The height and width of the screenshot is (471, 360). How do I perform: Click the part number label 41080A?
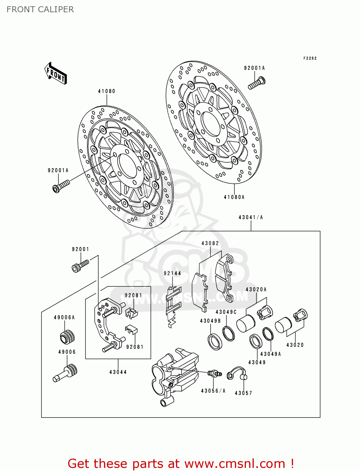pos(234,197)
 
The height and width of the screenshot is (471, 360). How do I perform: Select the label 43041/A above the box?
pos(251,217)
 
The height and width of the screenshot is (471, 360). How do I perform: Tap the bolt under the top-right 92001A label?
pos(257,83)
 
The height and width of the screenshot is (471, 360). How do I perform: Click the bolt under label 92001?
pos(80,266)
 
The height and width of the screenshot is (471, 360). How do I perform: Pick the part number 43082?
pos(210,243)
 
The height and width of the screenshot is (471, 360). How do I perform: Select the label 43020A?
pos(256,290)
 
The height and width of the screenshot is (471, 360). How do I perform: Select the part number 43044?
pos(118,372)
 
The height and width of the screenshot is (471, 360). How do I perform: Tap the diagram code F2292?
pos(310,58)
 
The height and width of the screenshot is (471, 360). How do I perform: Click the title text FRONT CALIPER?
pos(40,9)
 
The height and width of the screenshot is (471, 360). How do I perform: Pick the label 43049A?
pos(270,354)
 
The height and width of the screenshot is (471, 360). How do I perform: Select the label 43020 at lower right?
pos(295,345)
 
